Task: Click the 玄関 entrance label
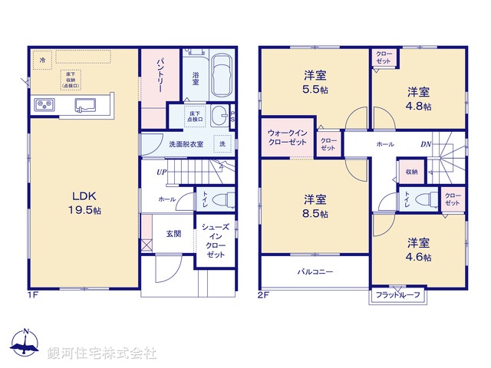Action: click(173, 234)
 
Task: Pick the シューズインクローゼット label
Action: click(215, 240)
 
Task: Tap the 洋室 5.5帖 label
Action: click(315, 82)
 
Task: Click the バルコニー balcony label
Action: click(314, 271)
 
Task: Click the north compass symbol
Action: click(25, 343)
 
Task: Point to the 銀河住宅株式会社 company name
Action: click(101, 353)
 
